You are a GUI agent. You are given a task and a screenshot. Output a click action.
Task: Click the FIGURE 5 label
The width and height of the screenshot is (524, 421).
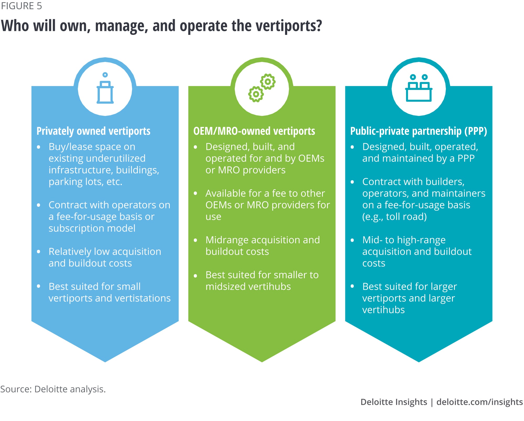coord(21,6)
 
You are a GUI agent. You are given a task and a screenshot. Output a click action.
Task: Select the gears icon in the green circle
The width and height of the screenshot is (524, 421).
coord(262,88)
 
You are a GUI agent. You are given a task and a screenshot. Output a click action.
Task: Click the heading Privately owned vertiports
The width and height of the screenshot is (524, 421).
coord(93,131)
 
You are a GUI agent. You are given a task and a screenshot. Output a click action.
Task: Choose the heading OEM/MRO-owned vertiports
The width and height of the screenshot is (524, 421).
coord(254,131)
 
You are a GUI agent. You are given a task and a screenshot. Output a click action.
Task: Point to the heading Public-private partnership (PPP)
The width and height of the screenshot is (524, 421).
coord(418,131)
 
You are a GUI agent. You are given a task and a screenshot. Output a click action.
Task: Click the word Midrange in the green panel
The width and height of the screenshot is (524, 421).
coord(227,240)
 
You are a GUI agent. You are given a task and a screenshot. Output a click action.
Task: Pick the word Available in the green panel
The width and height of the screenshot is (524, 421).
coord(226,193)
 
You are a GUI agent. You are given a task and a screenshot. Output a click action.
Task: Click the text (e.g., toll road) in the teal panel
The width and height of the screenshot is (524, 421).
coord(394,217)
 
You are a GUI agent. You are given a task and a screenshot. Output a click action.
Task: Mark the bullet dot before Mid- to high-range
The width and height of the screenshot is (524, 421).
coord(352,240)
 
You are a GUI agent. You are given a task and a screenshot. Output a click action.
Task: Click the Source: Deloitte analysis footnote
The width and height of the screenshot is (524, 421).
coord(53,389)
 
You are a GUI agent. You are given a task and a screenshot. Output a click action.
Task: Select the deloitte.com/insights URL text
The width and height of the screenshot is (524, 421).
coord(479,402)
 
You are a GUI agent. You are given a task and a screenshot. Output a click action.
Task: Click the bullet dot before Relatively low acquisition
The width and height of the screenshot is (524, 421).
coord(39,252)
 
